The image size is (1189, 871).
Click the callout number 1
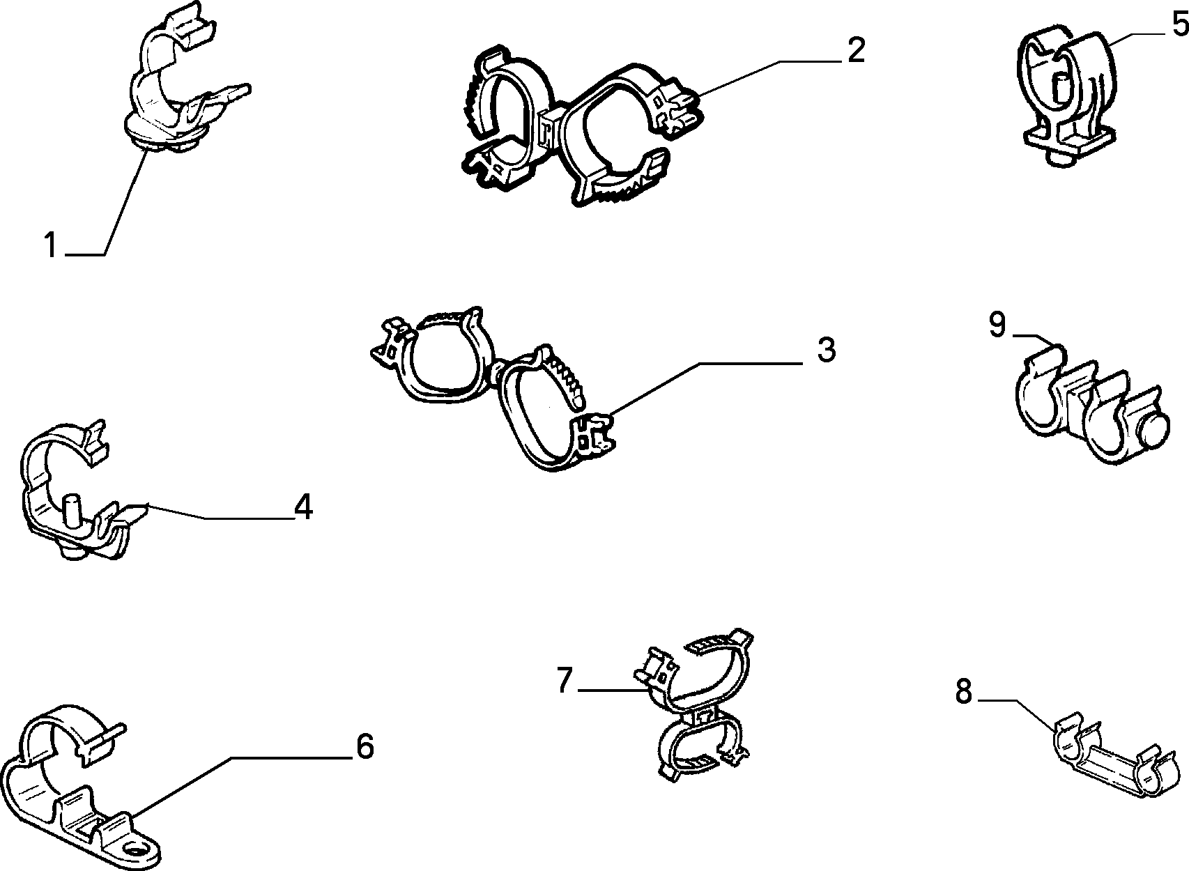click(x=51, y=245)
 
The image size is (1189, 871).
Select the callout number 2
click(x=856, y=50)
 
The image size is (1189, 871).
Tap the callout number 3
click(x=826, y=350)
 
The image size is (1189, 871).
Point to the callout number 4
click(x=303, y=506)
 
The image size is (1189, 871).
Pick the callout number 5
click(x=1179, y=24)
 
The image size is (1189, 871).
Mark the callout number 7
click(x=565, y=679)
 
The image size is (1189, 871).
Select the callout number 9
click(x=997, y=324)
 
